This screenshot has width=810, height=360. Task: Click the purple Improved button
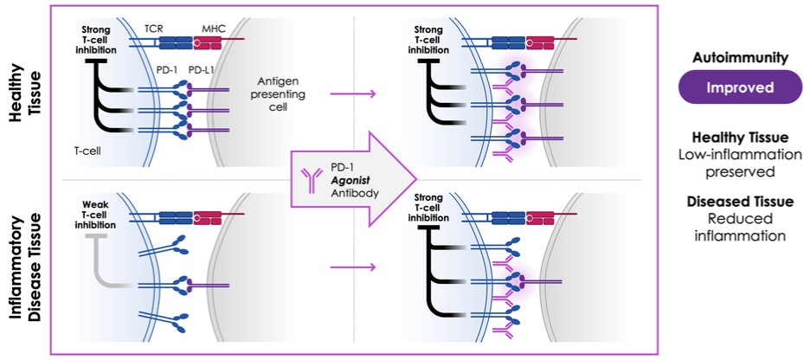738,88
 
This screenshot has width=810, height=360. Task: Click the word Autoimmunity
738,57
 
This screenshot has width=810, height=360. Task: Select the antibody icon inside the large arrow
310,178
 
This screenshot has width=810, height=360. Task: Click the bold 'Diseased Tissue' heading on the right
739,202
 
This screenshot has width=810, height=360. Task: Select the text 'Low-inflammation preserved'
739,162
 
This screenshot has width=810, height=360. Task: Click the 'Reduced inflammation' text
739,227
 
